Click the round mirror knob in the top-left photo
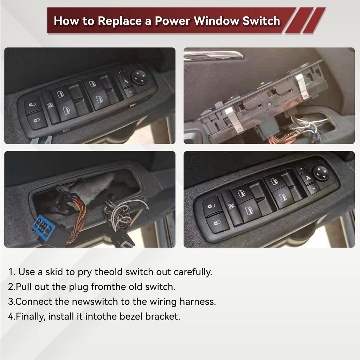click(x=140, y=77)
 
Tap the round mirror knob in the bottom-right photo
click(x=321, y=173)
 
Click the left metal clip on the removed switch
click(x=233, y=120)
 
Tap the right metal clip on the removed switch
click(x=302, y=86)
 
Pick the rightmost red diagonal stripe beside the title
click(x=314, y=20)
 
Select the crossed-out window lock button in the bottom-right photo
click(x=231, y=206)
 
